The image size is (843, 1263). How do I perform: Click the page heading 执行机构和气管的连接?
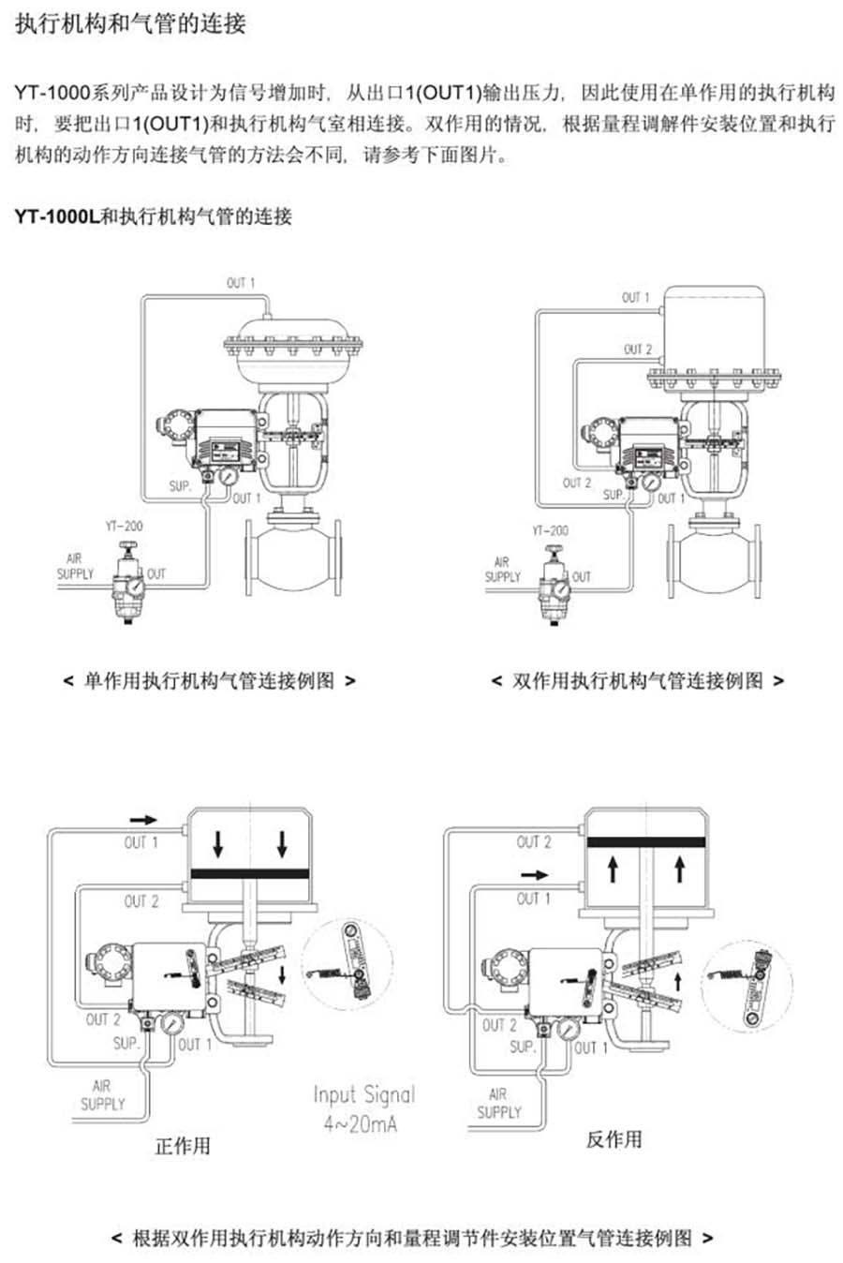click(130, 23)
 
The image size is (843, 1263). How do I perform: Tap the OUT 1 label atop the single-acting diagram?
click(241, 282)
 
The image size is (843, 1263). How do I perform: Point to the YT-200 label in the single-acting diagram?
click(124, 526)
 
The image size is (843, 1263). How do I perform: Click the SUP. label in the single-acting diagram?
click(180, 486)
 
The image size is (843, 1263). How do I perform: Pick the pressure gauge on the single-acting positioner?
click(228, 476)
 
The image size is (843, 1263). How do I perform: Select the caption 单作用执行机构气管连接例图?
click(209, 681)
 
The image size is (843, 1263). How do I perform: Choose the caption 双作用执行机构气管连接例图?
click(637, 681)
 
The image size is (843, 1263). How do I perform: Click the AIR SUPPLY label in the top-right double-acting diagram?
click(502, 569)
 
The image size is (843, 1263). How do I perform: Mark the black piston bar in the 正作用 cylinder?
click(249, 873)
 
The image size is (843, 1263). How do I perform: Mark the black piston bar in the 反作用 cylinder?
click(645, 841)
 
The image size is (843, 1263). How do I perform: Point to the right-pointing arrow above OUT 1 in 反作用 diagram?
click(534, 875)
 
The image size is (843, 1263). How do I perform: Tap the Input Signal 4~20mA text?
click(363, 1108)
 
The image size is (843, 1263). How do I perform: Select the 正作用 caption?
click(183, 1145)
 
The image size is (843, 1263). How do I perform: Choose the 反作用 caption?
click(614, 1139)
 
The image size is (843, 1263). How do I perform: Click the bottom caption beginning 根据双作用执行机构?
click(412, 1238)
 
